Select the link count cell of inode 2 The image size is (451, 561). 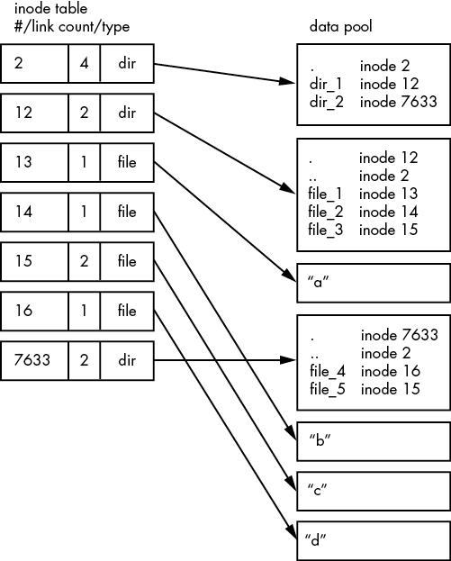(84, 66)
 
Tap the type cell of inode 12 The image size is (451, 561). (126, 114)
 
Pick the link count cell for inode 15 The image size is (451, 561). (84, 262)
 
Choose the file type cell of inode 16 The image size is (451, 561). (126, 312)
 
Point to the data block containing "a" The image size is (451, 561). (372, 282)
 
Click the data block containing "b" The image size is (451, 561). (372, 441)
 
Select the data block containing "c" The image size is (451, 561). (372, 490)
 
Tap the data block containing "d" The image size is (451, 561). (372, 539)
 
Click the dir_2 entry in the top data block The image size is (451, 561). (326, 102)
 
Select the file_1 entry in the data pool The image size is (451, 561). (328, 194)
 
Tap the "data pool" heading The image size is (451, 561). (340, 27)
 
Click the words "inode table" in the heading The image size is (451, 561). (39, 10)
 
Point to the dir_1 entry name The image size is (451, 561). (326, 84)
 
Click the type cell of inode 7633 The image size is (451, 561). (126, 360)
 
